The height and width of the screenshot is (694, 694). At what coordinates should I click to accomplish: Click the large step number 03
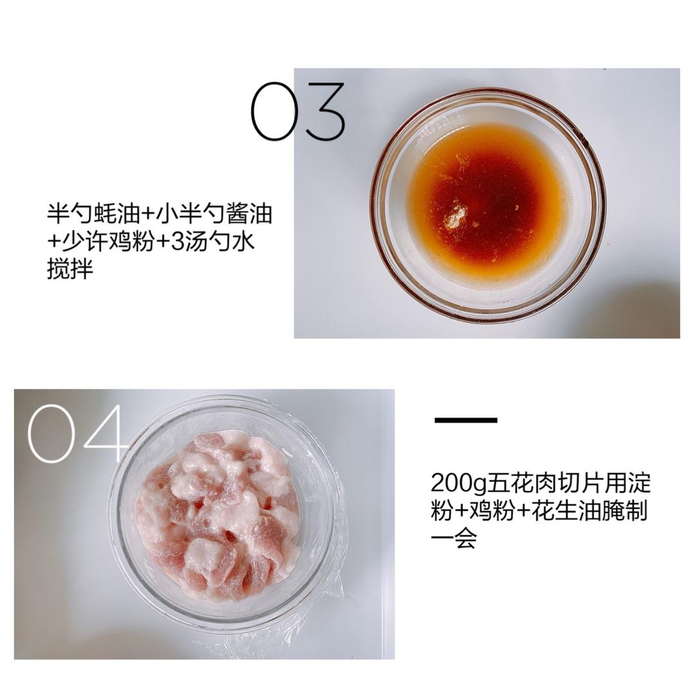pos(298,111)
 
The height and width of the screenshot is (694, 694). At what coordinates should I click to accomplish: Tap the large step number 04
pos(76,434)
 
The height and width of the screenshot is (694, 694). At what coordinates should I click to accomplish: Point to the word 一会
pos(454,538)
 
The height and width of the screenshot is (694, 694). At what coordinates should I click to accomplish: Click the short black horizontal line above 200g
pos(466,420)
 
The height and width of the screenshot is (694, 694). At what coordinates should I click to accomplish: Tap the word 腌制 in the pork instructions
pos(629,511)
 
